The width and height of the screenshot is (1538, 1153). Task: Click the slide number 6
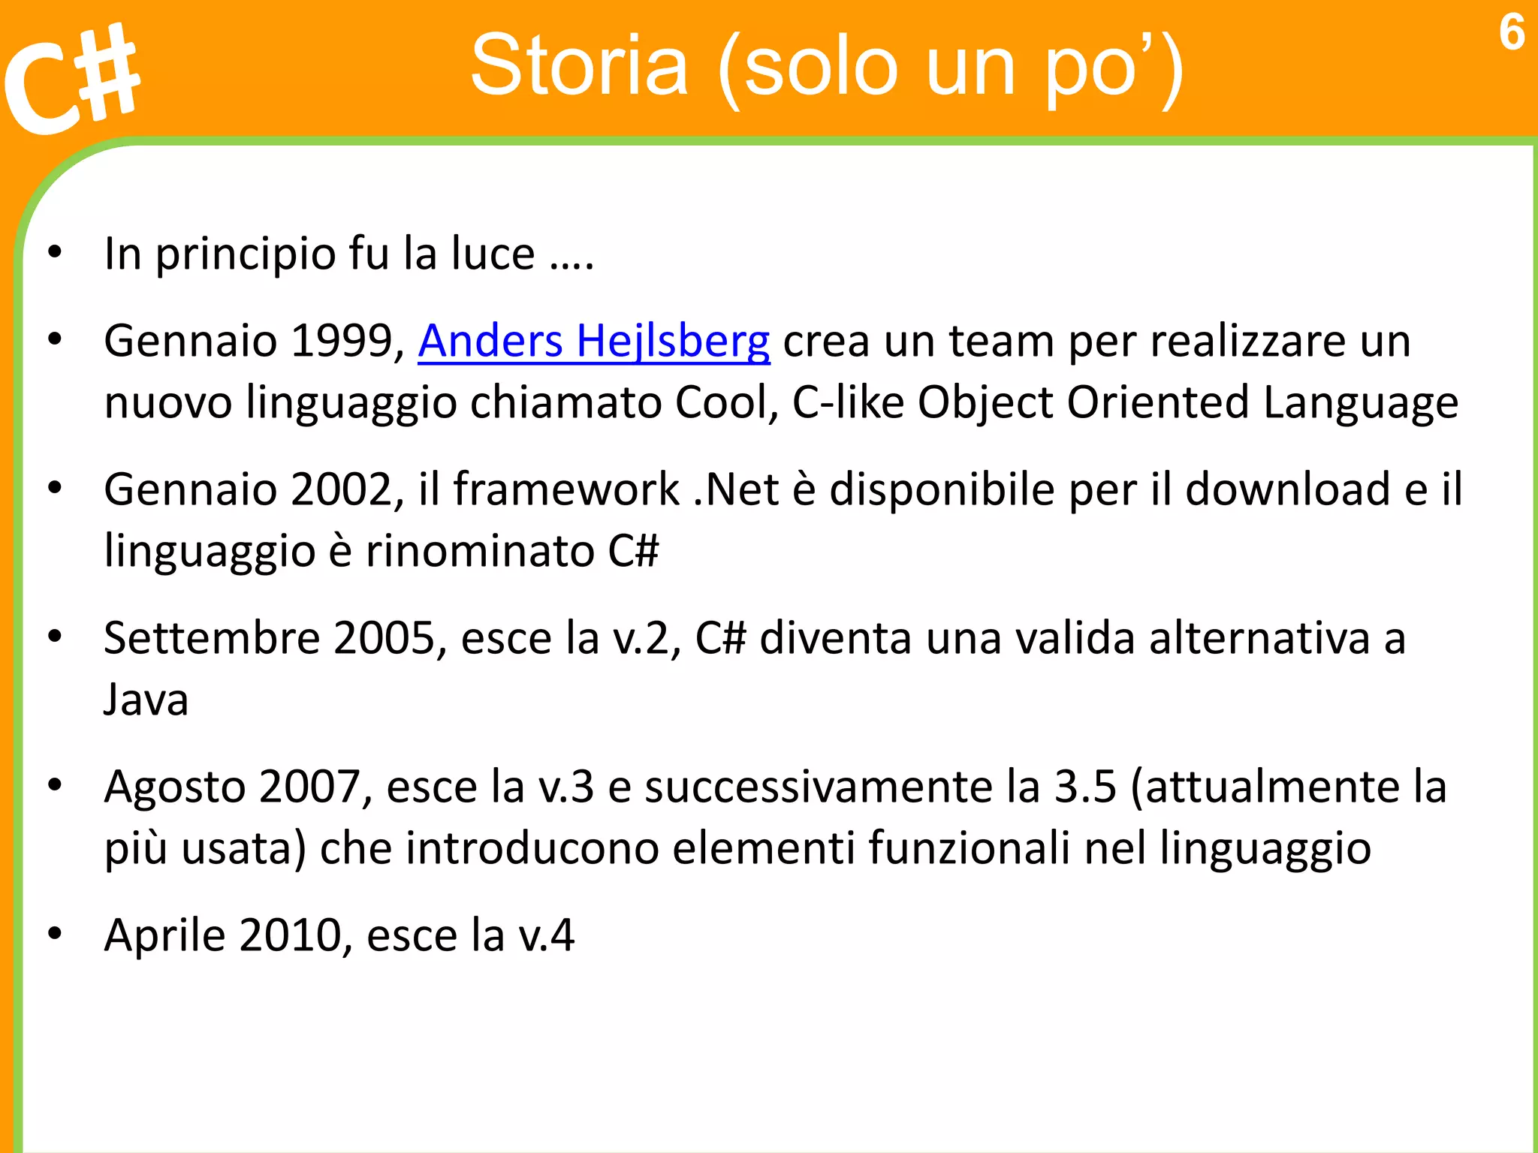(x=1511, y=33)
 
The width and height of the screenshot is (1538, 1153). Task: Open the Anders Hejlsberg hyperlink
(x=593, y=342)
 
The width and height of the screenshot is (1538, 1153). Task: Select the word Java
(x=146, y=700)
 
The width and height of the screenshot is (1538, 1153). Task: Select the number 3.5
(x=1085, y=787)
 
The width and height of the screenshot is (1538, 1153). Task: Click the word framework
(x=566, y=490)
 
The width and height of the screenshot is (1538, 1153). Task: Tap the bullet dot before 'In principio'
(x=54, y=253)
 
